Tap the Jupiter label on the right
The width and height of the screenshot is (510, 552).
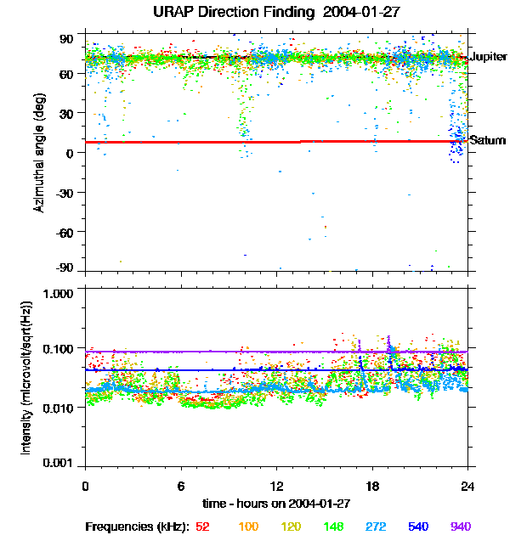pyautogui.click(x=488, y=57)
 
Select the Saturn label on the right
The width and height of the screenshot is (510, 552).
pyautogui.click(x=488, y=140)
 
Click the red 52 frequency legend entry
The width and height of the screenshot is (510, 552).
pyautogui.click(x=203, y=527)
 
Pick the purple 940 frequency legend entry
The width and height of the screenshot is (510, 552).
pyautogui.click(x=460, y=527)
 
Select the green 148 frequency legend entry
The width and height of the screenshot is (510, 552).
pyautogui.click(x=333, y=527)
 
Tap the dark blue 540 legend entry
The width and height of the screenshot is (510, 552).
pyautogui.click(x=418, y=527)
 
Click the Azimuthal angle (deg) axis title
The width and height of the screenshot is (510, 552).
pyautogui.click(x=38, y=153)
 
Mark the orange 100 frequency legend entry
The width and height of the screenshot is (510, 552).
pyautogui.click(x=248, y=527)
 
